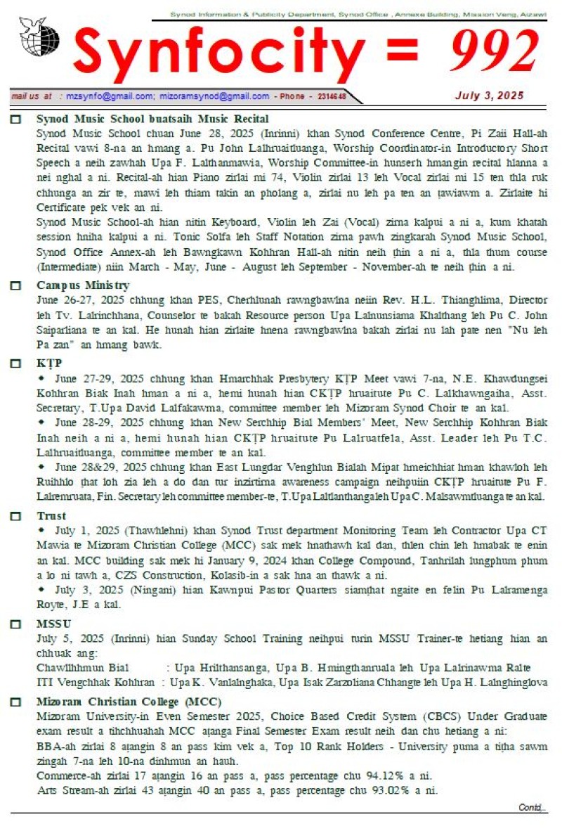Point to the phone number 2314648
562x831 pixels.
[x=332, y=96]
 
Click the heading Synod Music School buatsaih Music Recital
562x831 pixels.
[x=152, y=119]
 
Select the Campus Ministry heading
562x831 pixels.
[x=83, y=285]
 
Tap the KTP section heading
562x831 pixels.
[x=49, y=363]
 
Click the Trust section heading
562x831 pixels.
[x=51, y=515]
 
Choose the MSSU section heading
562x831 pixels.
[x=53, y=624]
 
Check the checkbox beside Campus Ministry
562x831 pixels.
[x=15, y=285]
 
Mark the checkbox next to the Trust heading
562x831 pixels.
[x=15, y=516]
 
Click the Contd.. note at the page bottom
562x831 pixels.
[x=532, y=807]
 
